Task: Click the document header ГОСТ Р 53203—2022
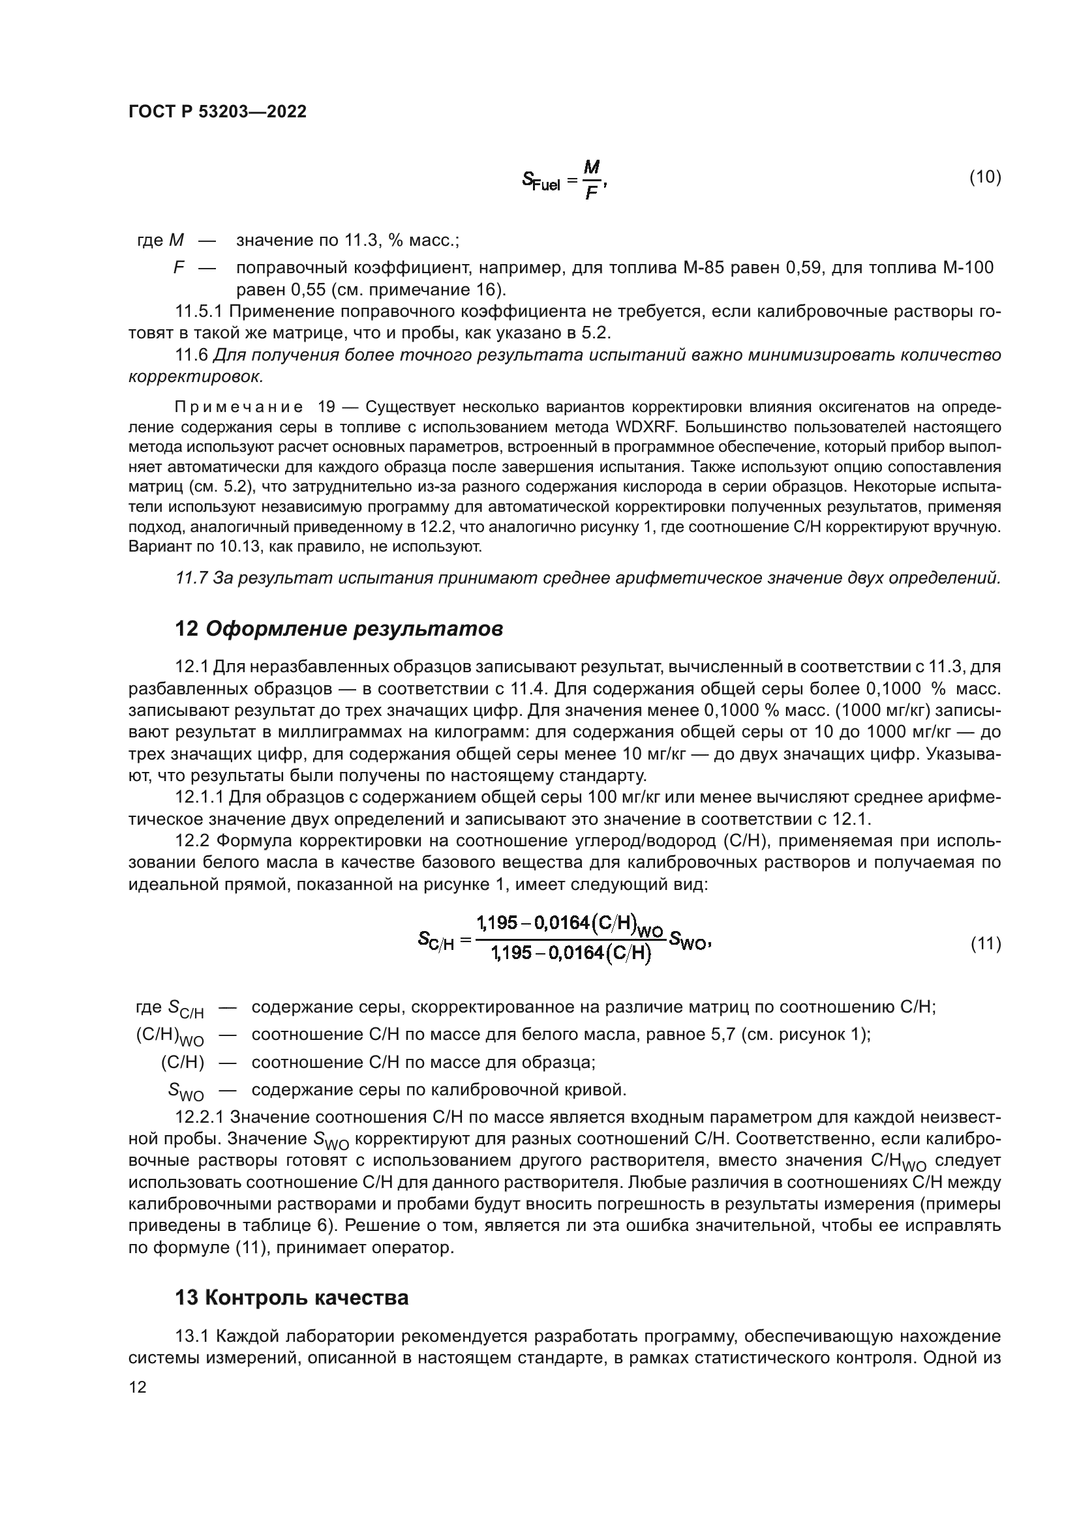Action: pos(217,111)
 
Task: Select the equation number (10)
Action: pos(984,177)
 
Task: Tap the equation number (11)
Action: pos(985,943)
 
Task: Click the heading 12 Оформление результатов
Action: pos(339,629)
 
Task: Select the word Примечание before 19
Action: pos(239,406)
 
